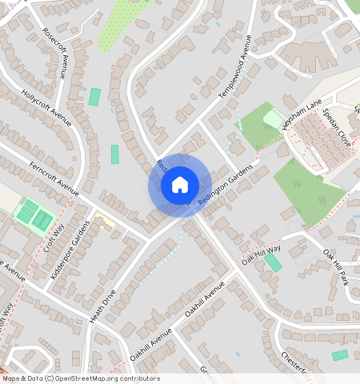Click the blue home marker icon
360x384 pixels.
tap(180, 185)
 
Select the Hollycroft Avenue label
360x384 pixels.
tap(47, 107)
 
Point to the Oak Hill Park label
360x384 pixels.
tap(336, 266)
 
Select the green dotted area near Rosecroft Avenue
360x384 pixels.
tap(120, 24)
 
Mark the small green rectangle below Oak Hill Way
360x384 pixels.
tap(274, 262)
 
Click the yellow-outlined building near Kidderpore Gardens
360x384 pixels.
tap(106, 219)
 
